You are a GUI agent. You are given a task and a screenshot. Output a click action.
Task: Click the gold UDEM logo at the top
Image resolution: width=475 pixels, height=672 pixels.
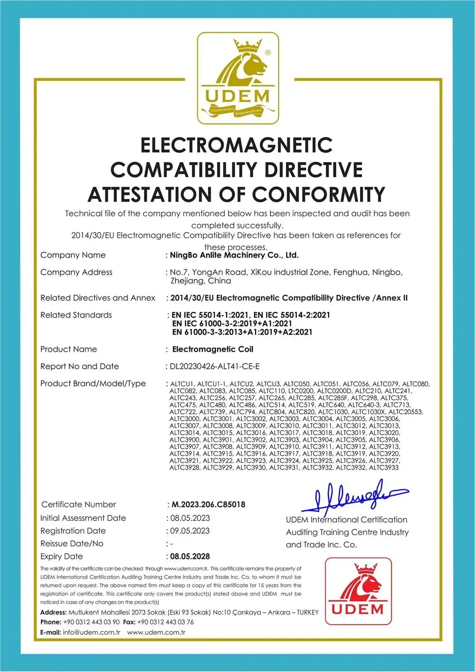pyautogui.click(x=238, y=79)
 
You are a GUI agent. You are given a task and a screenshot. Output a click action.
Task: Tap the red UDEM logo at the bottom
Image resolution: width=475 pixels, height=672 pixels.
pyautogui.click(x=358, y=591)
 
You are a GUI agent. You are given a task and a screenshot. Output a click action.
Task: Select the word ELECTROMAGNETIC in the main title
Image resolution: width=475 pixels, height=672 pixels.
pyautogui.click(x=237, y=145)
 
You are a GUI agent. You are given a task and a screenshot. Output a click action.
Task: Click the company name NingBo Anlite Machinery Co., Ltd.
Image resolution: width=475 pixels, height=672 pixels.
pyautogui.click(x=234, y=255)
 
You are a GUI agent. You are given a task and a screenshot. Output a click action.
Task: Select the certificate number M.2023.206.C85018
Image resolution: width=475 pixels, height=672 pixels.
pyautogui.click(x=208, y=504)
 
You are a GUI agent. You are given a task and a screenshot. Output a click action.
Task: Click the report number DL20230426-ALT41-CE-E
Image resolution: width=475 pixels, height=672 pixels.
pyautogui.click(x=215, y=366)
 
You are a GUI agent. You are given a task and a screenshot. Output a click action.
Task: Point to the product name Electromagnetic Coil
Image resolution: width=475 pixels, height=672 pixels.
pyautogui.click(x=212, y=349)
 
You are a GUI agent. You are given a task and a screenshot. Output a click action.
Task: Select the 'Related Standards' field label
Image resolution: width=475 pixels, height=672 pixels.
pyautogui.click(x=76, y=315)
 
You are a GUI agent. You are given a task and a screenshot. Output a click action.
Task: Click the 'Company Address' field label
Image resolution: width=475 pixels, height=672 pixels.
pyautogui.click(x=76, y=272)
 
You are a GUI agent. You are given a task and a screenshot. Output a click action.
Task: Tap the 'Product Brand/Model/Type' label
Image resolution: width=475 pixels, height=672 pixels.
pyautogui.click(x=93, y=384)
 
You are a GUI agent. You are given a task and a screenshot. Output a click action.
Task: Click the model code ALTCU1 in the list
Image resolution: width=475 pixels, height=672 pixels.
pyautogui.click(x=181, y=384)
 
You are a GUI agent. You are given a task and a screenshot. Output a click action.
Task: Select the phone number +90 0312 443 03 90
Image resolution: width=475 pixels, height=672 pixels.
pyautogui.click(x=91, y=622)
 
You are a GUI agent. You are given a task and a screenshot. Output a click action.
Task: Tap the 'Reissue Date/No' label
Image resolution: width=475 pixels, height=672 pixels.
pyautogui.click(x=72, y=544)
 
